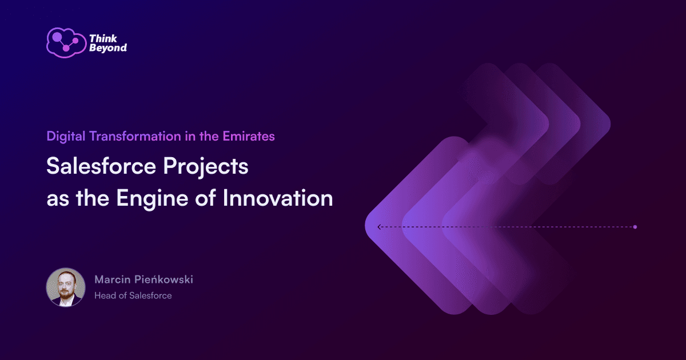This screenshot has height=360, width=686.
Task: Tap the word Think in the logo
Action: [103, 39]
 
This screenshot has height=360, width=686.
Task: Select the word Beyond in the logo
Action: [108, 48]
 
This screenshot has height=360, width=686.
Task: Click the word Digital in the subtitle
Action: [66, 137]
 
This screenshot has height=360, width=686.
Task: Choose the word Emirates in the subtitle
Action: [249, 136]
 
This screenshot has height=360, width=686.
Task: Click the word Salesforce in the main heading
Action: [101, 166]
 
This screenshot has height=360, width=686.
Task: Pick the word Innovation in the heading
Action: [278, 198]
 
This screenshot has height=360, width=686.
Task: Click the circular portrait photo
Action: [66, 287]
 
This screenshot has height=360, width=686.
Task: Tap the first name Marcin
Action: [113, 279]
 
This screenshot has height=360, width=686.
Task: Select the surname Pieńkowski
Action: [164, 279]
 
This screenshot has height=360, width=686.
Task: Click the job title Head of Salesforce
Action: [133, 295]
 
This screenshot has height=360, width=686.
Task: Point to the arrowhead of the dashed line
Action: [379, 227]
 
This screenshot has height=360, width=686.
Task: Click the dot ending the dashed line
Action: [635, 227]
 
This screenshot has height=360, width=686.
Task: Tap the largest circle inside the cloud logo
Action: [57, 37]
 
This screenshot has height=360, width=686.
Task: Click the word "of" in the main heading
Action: [205, 198]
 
